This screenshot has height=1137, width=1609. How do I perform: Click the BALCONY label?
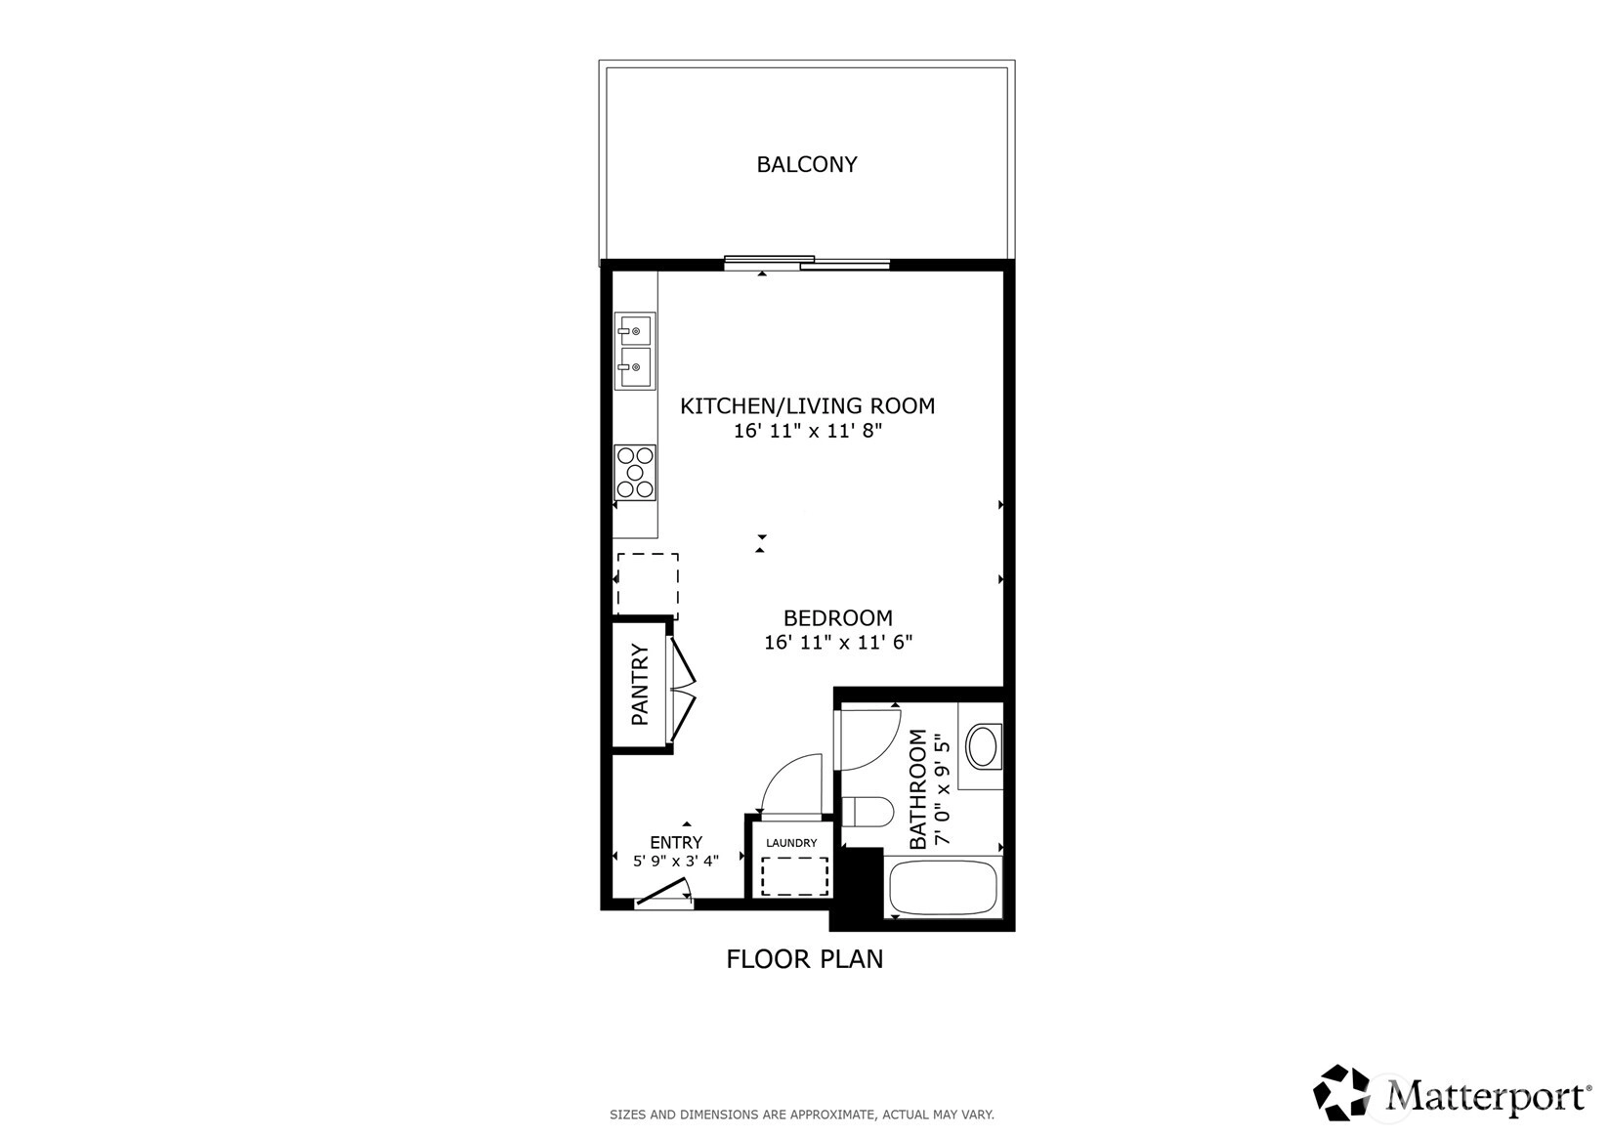[x=807, y=164]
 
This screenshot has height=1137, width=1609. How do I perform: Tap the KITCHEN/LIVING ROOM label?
[x=807, y=405]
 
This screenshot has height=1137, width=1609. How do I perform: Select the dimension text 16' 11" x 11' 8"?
[x=807, y=431]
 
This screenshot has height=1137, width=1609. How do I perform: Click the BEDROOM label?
[x=837, y=617]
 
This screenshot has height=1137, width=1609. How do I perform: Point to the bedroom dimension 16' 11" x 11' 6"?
[x=837, y=642]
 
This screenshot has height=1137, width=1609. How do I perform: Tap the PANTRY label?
[x=640, y=685]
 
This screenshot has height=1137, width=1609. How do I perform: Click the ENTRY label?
[x=676, y=843]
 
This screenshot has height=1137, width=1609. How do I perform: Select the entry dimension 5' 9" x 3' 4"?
[x=676, y=861]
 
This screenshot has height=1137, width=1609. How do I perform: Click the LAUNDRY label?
[x=791, y=843]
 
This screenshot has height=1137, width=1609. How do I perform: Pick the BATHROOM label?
[x=918, y=789]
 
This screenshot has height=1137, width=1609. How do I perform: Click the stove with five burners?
[x=635, y=473]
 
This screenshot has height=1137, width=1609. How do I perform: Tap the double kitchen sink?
[x=635, y=352]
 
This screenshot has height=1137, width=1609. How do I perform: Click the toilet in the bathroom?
[x=867, y=812]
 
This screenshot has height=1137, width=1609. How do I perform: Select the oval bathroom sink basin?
[x=982, y=746]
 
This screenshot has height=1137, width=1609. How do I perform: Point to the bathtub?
[x=943, y=888]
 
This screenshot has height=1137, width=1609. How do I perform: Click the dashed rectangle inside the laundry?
[x=794, y=876]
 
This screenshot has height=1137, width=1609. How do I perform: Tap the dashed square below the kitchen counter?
[x=648, y=586]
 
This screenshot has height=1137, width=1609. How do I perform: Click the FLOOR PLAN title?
[x=805, y=959]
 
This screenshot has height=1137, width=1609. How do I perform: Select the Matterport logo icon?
[x=1341, y=1093]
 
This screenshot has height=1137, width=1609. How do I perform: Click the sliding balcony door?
[x=807, y=263]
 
